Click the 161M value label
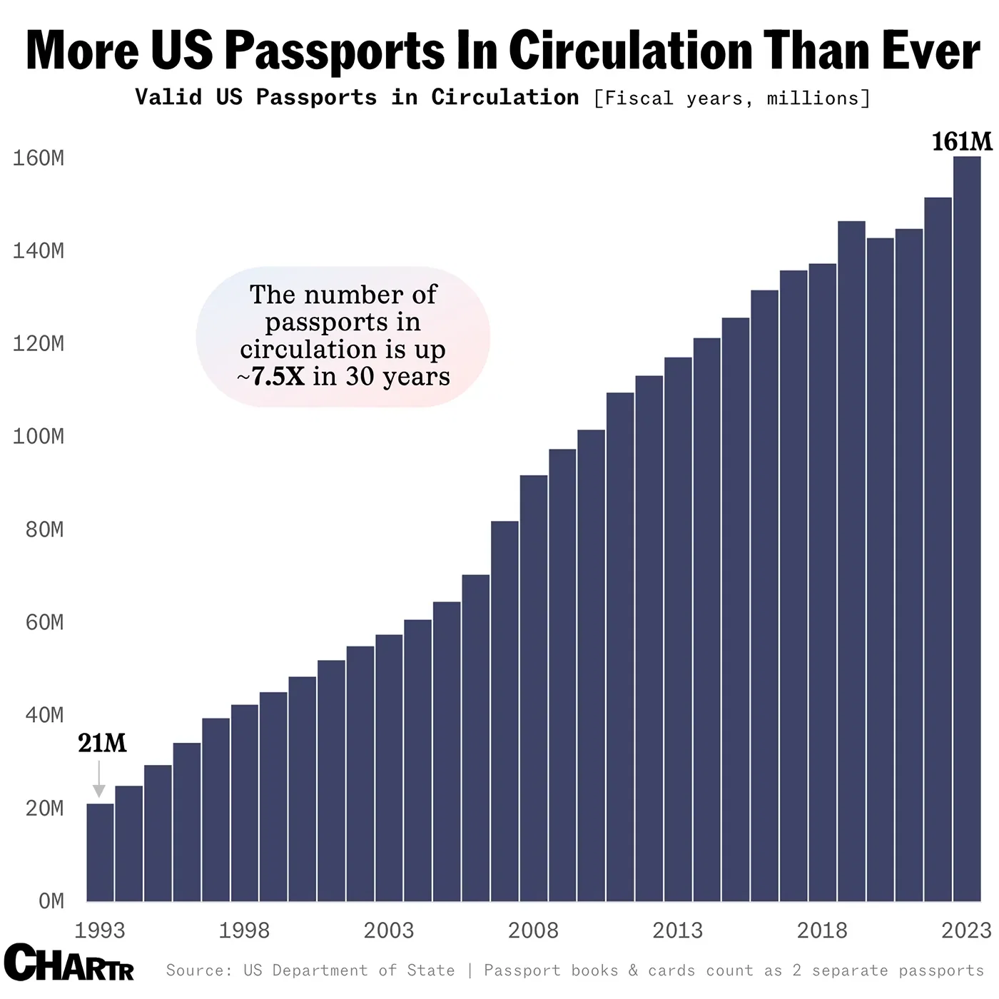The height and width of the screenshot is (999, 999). [961, 141]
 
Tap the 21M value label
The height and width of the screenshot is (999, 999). [102, 744]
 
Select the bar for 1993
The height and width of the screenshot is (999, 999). [100, 853]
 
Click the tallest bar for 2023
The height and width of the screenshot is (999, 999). [967, 528]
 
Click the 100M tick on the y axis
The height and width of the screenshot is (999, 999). [38, 436]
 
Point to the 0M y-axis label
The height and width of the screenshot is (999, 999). [51, 901]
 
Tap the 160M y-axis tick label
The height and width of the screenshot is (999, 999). [38, 158]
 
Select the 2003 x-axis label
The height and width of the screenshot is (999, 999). [388, 930]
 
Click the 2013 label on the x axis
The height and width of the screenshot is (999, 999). [677, 930]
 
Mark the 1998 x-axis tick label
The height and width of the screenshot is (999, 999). [244, 930]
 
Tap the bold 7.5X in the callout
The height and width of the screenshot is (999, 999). [278, 376]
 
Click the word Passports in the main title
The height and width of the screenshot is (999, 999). [335, 51]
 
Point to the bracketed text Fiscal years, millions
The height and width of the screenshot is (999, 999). [731, 98]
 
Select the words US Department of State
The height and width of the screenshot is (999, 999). [349, 970]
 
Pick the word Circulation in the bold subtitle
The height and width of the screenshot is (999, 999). [504, 97]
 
